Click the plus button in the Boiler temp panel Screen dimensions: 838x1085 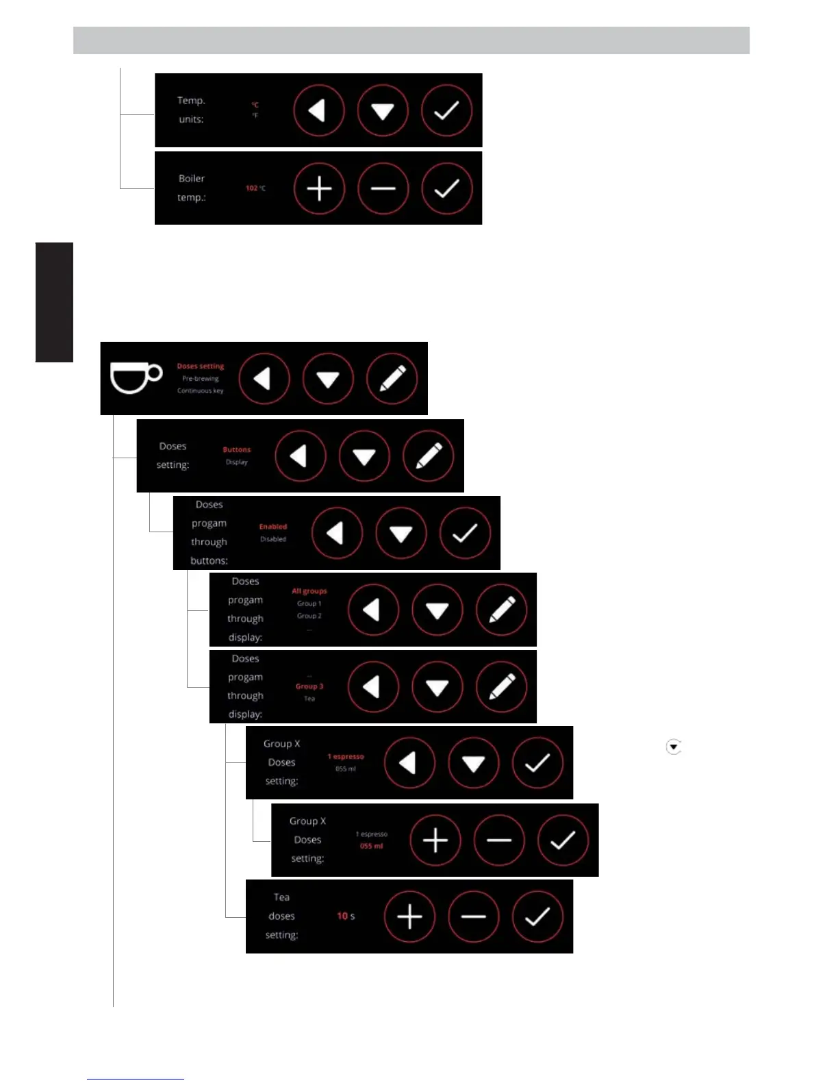click(x=319, y=188)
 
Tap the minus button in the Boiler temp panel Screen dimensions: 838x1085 click(x=383, y=188)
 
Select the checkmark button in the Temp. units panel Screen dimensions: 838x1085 click(x=446, y=110)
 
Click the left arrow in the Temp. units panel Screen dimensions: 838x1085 click(x=319, y=110)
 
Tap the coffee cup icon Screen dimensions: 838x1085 click(x=136, y=378)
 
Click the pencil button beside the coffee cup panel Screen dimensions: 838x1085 click(x=392, y=378)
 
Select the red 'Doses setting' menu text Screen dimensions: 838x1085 click(x=201, y=366)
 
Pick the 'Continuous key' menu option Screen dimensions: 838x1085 click(x=201, y=391)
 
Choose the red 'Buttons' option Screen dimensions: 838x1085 click(x=237, y=450)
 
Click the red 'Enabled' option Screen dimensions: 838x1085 click(x=273, y=527)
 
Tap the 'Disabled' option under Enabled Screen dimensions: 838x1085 click(x=273, y=539)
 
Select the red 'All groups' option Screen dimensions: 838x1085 click(x=309, y=591)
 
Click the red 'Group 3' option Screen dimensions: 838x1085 click(x=309, y=686)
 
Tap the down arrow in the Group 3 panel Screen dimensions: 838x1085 click(x=437, y=687)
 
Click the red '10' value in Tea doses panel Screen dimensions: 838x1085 click(x=342, y=916)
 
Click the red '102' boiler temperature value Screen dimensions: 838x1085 click(x=252, y=188)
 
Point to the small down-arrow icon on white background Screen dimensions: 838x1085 click(x=674, y=747)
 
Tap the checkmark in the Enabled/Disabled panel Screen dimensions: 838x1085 click(x=465, y=533)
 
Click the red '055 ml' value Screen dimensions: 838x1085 click(x=372, y=847)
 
